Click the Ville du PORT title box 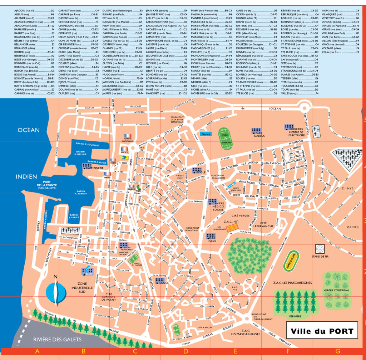pyautogui.click(x=322, y=331)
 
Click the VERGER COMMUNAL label pyautogui.click(x=336, y=290)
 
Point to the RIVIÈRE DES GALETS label pyautogui.click(x=58, y=339)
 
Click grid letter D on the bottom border pyautogui.click(x=185, y=352)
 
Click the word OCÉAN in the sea pyautogui.click(x=29, y=130)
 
